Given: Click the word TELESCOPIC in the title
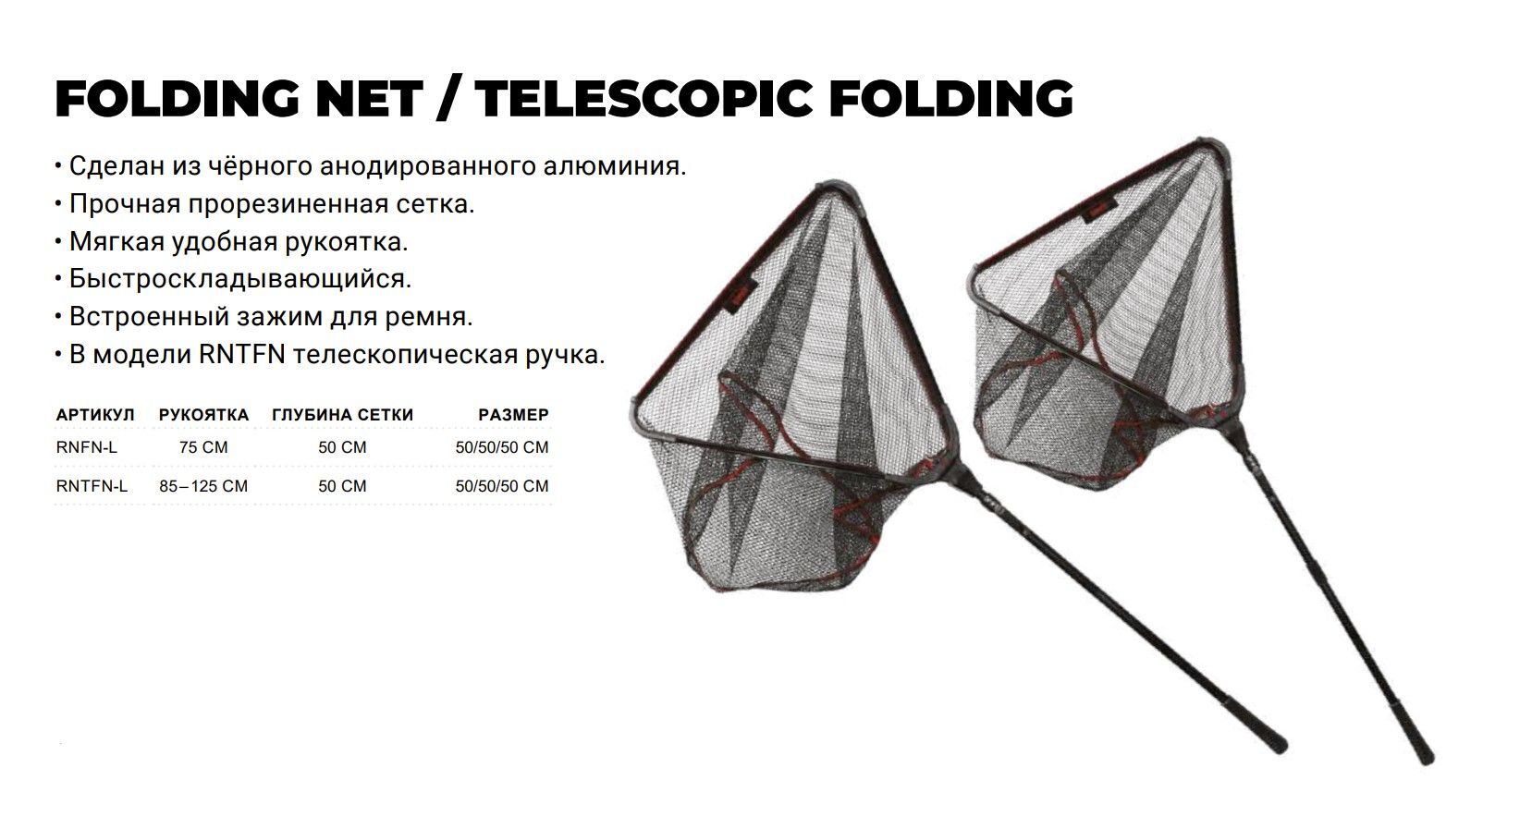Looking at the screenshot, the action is (x=643, y=98).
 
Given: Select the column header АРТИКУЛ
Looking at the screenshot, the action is (x=95, y=415).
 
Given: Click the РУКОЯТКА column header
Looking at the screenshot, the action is (x=203, y=415).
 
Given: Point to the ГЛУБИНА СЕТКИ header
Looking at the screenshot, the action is (x=343, y=415).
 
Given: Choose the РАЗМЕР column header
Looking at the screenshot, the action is (x=514, y=415).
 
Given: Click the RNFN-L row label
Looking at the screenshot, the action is (x=87, y=447).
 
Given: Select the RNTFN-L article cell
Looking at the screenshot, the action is (x=92, y=486).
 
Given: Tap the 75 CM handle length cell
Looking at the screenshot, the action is (x=203, y=447).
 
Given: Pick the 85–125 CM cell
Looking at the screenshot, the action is (x=203, y=486).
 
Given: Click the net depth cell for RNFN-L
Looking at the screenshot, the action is (x=342, y=447).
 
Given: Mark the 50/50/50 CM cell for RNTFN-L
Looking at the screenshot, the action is (x=502, y=486).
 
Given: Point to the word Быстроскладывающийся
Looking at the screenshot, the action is (x=240, y=279).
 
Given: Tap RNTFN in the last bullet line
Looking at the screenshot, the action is (x=242, y=355).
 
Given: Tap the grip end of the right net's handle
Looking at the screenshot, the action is (x=1428, y=759).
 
